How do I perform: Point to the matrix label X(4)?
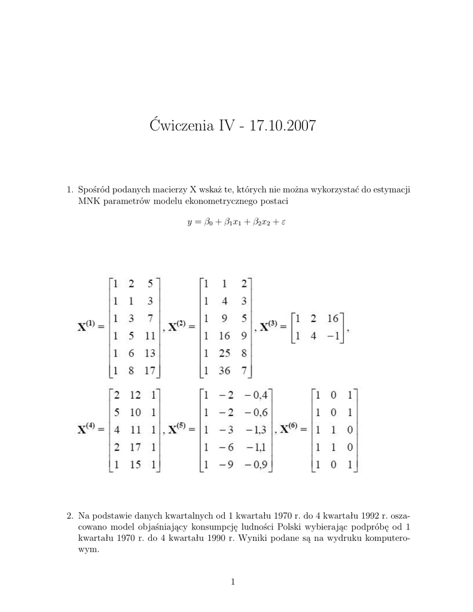click(x=90, y=429)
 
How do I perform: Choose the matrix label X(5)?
click(x=179, y=429)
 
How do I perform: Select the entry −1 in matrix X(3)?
click(x=332, y=336)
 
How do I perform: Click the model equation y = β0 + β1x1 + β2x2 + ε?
click(x=233, y=222)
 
